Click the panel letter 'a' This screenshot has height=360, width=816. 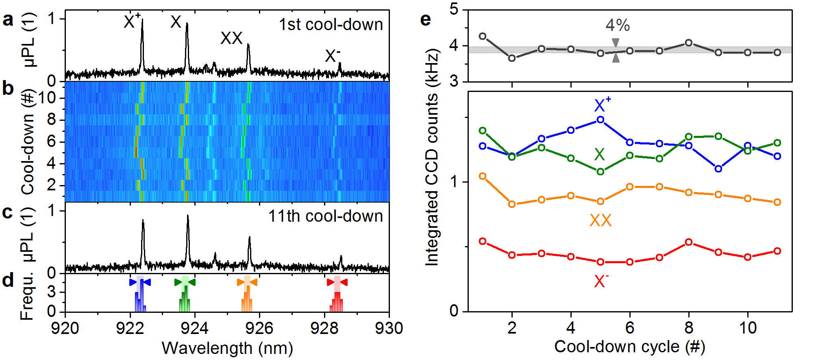pyautogui.click(x=8, y=20)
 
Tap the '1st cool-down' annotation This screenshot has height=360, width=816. pyautogui.click(x=331, y=24)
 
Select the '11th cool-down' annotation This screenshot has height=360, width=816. pyautogui.click(x=325, y=216)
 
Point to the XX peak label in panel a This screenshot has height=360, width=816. pyautogui.click(x=231, y=38)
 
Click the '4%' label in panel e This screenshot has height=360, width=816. pyautogui.click(x=618, y=25)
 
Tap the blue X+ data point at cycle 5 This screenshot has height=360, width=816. pyautogui.click(x=601, y=120)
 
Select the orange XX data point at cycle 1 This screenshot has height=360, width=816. pyautogui.click(x=483, y=176)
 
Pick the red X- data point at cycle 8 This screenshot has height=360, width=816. pyautogui.click(x=689, y=242)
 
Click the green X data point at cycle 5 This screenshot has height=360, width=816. pyautogui.click(x=601, y=172)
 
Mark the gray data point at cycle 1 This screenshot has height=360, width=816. pyautogui.click(x=483, y=36)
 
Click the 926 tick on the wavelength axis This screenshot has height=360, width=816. pyautogui.click(x=259, y=328)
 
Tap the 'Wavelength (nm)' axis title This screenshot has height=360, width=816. pyautogui.click(x=227, y=348)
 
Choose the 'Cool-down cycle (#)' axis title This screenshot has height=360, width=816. pyautogui.click(x=629, y=347)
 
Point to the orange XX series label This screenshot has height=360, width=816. pyautogui.click(x=601, y=220)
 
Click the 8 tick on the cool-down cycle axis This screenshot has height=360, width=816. pyautogui.click(x=689, y=327)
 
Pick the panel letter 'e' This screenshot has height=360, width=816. pyautogui.click(x=425, y=20)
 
